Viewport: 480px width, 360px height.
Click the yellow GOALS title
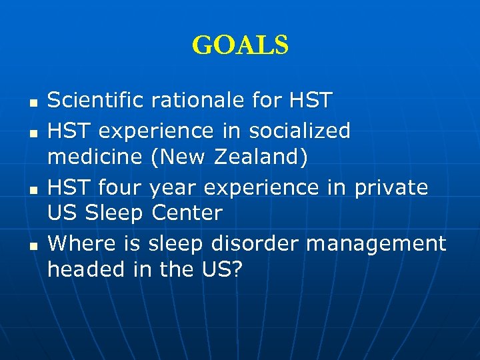tap(240, 45)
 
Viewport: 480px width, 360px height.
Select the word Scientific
tap(96, 101)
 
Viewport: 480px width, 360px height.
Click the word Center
tap(187, 213)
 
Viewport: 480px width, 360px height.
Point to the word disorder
tap(257, 242)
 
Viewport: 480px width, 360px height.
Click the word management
tap(376, 243)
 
